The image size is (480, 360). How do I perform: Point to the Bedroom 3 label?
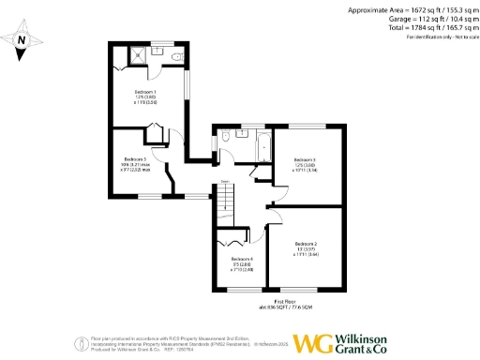point(304,160)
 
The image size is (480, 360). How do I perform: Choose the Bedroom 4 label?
point(242,259)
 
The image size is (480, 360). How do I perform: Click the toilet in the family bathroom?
point(225,139)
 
